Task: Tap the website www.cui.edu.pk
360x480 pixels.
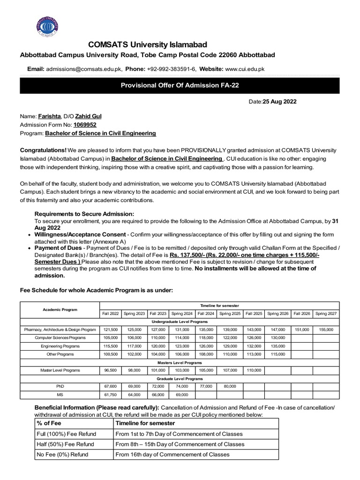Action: pyautogui.click(x=245, y=68)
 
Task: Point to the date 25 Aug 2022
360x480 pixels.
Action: pyautogui.click(x=279, y=101)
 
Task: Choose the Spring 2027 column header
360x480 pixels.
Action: pyautogui.click(x=326, y=313)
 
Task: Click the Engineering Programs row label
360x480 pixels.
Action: pyautogui.click(x=60, y=346)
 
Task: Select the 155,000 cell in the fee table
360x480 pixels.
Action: pyautogui.click(x=326, y=330)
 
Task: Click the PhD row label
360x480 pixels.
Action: pyautogui.click(x=60, y=386)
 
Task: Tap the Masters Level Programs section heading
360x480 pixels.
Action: pyautogui.click(x=180, y=362)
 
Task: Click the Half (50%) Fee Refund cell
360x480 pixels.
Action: pyautogui.click(x=65, y=444)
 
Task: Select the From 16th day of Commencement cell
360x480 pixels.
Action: pyautogui.click(x=172, y=454)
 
